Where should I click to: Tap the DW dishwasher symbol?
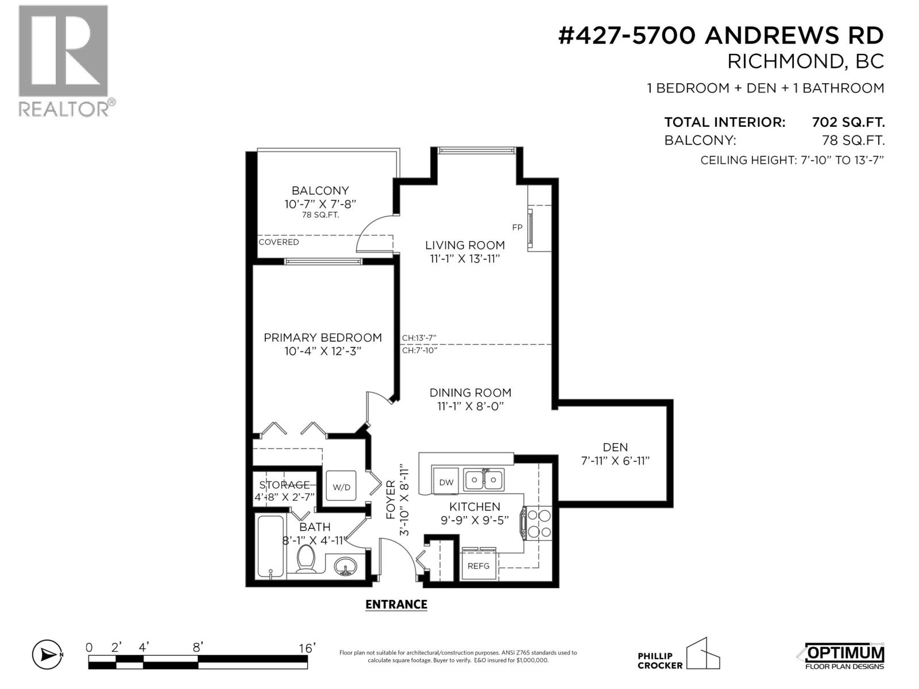point(446,482)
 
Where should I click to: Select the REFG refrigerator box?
point(478,566)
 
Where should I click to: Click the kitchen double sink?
point(484,479)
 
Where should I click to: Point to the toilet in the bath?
point(306,559)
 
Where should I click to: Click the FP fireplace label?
point(517,227)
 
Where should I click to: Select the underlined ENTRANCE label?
point(396,604)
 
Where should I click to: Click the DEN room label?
point(615,447)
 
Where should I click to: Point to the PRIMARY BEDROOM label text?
point(322,338)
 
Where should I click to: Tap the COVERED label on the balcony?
point(279,242)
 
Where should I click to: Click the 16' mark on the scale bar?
point(307,648)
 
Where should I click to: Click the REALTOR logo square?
point(63,51)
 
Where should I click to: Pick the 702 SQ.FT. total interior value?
point(848,122)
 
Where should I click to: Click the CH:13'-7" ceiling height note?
point(419,338)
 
